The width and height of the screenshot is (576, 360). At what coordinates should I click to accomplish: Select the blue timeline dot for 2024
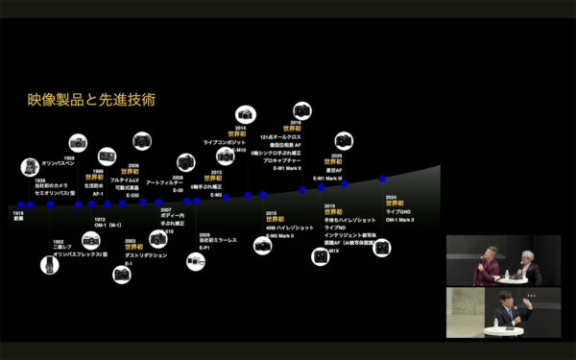tap(382, 180)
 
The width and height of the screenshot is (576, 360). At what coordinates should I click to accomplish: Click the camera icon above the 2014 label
tap(243, 114)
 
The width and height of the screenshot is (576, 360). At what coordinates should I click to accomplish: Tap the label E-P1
tap(205, 246)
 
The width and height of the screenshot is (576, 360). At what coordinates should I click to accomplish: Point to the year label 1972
tap(100, 220)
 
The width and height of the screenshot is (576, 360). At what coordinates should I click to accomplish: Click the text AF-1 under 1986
tap(97, 193)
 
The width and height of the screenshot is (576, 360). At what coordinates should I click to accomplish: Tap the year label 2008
tap(179, 178)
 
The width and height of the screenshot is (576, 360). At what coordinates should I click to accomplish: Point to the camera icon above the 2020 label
tap(339, 139)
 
